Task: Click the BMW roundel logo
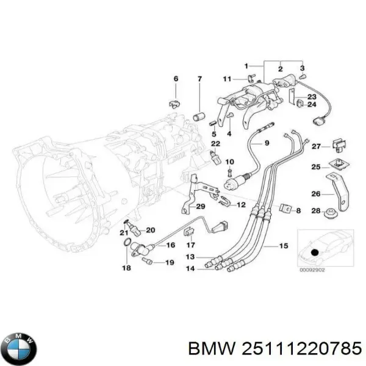pos(21,348)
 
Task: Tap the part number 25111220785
pos(302,349)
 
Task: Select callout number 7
pos(199,79)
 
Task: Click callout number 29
pos(201,207)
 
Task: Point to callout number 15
pos(284,246)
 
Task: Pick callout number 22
pos(215,143)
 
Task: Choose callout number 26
pos(316,194)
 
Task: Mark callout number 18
pos(126,268)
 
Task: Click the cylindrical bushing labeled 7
pos(199,117)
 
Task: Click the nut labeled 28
pos(331,213)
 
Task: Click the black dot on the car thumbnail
pos(314,253)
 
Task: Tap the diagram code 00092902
pos(312,270)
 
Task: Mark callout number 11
pos(227,79)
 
